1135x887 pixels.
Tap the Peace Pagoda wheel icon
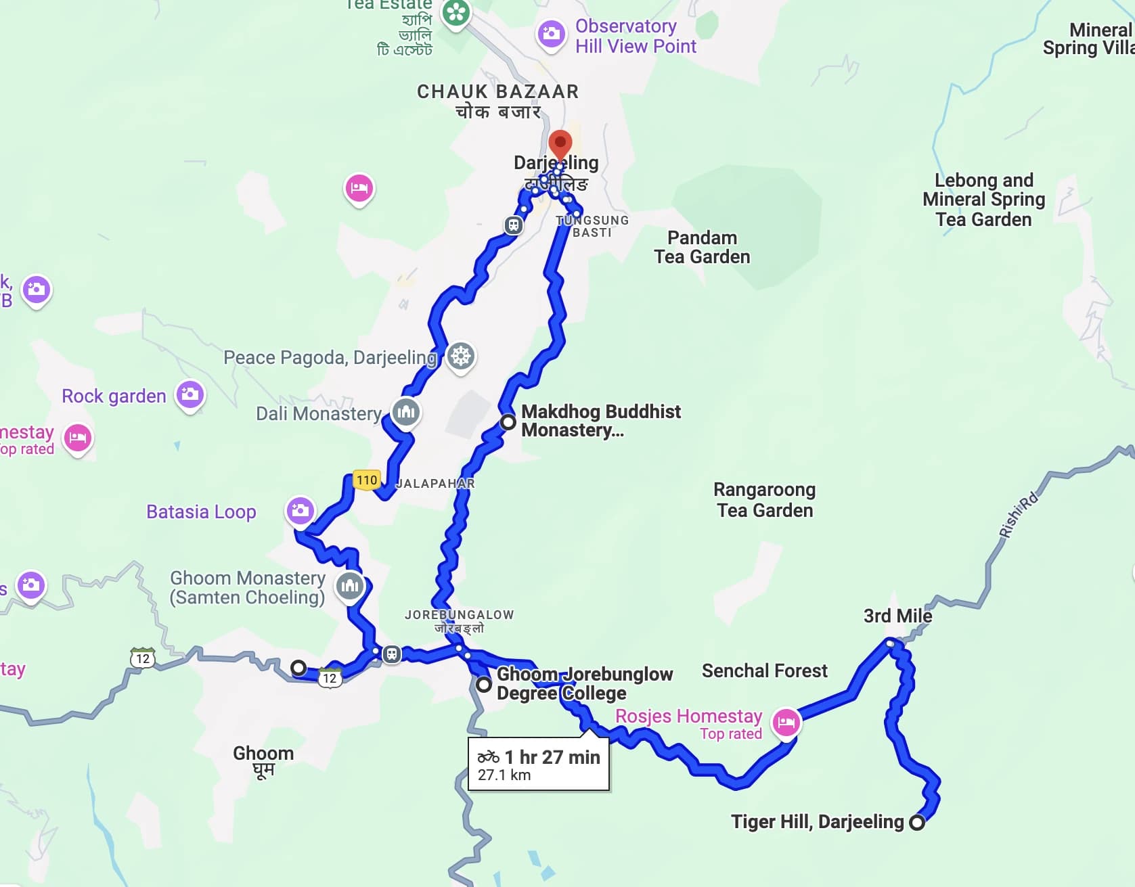(x=461, y=355)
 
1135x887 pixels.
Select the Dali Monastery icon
(x=406, y=411)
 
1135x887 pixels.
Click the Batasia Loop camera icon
(x=300, y=510)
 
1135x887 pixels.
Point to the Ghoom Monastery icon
(x=350, y=585)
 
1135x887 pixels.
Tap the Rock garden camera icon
(x=190, y=394)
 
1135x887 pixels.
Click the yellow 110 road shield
(x=367, y=480)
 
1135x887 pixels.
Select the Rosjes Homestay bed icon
(x=786, y=722)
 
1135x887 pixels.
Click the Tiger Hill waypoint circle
(x=917, y=823)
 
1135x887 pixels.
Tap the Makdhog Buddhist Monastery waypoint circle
(x=508, y=423)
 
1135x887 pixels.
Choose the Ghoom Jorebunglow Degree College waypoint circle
(x=483, y=684)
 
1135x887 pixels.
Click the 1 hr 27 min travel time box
(x=539, y=765)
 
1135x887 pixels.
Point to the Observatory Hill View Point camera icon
(x=551, y=33)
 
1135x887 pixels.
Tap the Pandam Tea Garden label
(x=702, y=248)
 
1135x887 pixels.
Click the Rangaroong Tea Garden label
(x=765, y=499)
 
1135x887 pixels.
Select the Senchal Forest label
(x=764, y=670)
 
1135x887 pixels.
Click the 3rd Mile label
(x=897, y=616)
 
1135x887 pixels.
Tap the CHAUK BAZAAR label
(x=497, y=92)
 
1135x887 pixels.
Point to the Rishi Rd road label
(x=1018, y=516)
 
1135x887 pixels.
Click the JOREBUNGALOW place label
(x=459, y=615)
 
